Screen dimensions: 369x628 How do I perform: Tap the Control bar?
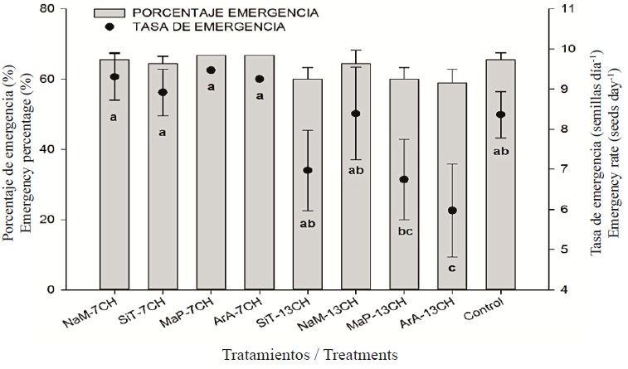tap(500, 207)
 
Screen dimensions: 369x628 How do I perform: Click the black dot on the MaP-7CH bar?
tap(211, 70)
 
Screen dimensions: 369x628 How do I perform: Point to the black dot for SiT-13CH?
tap(308, 170)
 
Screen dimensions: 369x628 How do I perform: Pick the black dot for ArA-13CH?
tap(452, 211)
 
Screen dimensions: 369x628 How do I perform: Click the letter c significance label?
tap(452, 268)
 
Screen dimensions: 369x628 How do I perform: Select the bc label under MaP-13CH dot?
tap(404, 231)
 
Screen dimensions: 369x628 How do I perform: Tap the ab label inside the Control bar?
tap(500, 150)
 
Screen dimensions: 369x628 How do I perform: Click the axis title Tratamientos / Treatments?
tap(309, 354)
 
